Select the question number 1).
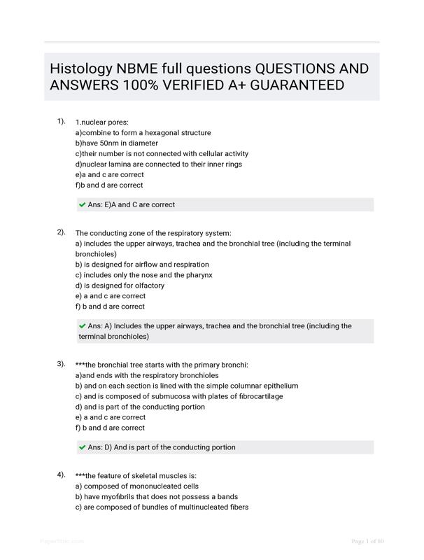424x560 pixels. [62, 121]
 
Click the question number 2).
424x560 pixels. [62, 232]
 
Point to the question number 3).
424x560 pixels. [62, 364]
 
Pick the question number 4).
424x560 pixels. [62, 475]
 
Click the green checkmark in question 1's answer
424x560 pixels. [83, 205]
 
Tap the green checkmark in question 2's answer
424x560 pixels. [83, 326]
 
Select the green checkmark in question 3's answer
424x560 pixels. [83, 447]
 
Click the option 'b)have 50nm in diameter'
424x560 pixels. [116, 143]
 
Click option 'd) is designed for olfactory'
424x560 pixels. [120, 286]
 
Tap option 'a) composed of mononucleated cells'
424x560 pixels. [136, 486]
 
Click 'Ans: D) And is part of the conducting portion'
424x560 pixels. [162, 447]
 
